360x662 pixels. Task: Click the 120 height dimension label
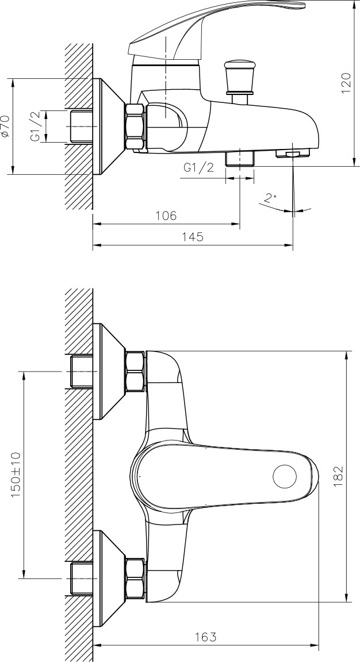(x=346, y=83)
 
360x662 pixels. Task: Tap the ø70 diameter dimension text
(x=6, y=126)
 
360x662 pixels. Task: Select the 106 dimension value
(x=166, y=216)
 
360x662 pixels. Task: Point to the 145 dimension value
(x=193, y=237)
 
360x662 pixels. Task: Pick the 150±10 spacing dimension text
(x=16, y=474)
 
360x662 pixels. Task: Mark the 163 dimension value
(x=205, y=637)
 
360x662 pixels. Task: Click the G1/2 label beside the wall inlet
(x=36, y=126)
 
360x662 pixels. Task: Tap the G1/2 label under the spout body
(x=199, y=167)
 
